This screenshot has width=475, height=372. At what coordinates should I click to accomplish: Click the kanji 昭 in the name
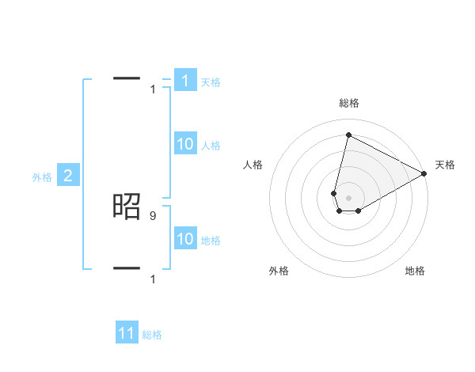pyautogui.click(x=127, y=206)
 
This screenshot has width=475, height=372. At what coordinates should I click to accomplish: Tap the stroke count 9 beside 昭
pyautogui.click(x=152, y=215)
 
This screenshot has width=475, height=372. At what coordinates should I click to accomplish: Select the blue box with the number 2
pyautogui.click(x=67, y=176)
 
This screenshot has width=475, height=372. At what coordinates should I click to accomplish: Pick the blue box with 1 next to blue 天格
pyautogui.click(x=184, y=80)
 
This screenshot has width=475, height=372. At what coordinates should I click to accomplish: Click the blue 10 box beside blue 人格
pyautogui.click(x=184, y=144)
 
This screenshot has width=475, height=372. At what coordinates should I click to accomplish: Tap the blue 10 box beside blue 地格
pyautogui.click(x=184, y=239)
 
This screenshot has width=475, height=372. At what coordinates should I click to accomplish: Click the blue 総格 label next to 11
pyautogui.click(x=152, y=335)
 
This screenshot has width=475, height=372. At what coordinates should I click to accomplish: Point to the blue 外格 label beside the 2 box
pyautogui.click(x=42, y=177)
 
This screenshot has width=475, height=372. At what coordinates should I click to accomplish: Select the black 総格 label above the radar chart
pyautogui.click(x=349, y=103)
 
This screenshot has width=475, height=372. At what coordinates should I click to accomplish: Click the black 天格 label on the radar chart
pyautogui.click(x=445, y=165)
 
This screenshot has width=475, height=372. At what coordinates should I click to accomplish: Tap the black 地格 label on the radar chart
pyautogui.click(x=415, y=271)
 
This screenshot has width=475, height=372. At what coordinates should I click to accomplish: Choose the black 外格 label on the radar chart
pyautogui.click(x=279, y=271)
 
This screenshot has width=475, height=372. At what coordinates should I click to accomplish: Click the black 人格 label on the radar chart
pyautogui.click(x=253, y=165)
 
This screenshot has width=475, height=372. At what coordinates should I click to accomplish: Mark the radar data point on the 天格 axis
pyautogui.click(x=425, y=173)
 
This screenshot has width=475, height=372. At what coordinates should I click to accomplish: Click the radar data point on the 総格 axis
pyautogui.click(x=348, y=135)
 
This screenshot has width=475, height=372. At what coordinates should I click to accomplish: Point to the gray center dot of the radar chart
pyautogui.click(x=348, y=197)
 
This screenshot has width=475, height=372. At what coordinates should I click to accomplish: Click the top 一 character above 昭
pyautogui.click(x=127, y=78)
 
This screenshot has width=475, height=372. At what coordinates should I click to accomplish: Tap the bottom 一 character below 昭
pyautogui.click(x=127, y=268)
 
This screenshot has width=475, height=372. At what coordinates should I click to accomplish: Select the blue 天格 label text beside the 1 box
pyautogui.click(x=211, y=82)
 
